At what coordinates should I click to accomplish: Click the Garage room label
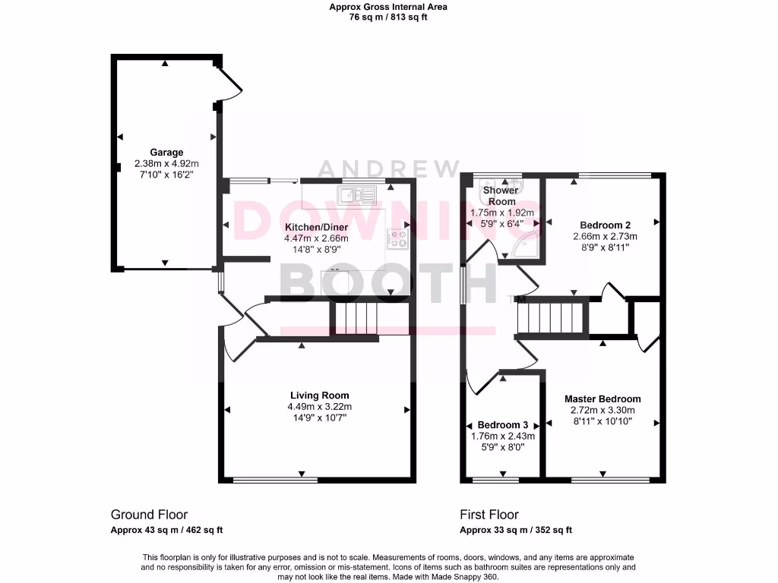pos(166,153)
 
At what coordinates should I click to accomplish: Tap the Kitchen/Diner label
pos(317,227)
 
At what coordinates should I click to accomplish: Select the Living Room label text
pos(319,395)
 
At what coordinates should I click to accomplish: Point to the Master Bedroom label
pos(602,399)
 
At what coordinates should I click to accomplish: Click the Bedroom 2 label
pos(605,225)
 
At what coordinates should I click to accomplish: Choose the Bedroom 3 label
pos(502,424)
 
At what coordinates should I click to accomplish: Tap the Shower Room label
pos(501,196)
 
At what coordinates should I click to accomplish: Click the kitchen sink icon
pos(357,196)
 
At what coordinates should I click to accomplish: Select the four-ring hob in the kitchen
pos(397,239)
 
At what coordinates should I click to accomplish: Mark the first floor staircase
pos(551,317)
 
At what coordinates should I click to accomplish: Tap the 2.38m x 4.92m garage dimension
pos(166,163)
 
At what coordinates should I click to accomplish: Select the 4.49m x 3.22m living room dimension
pos(319,406)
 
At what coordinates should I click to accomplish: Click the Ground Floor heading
pos(149,515)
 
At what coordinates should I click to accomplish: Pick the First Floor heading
pos(489,515)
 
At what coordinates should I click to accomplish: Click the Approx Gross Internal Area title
pos(388,7)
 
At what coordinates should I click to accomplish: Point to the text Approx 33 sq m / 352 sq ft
pos(516,531)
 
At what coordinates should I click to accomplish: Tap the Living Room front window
pos(275,480)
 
